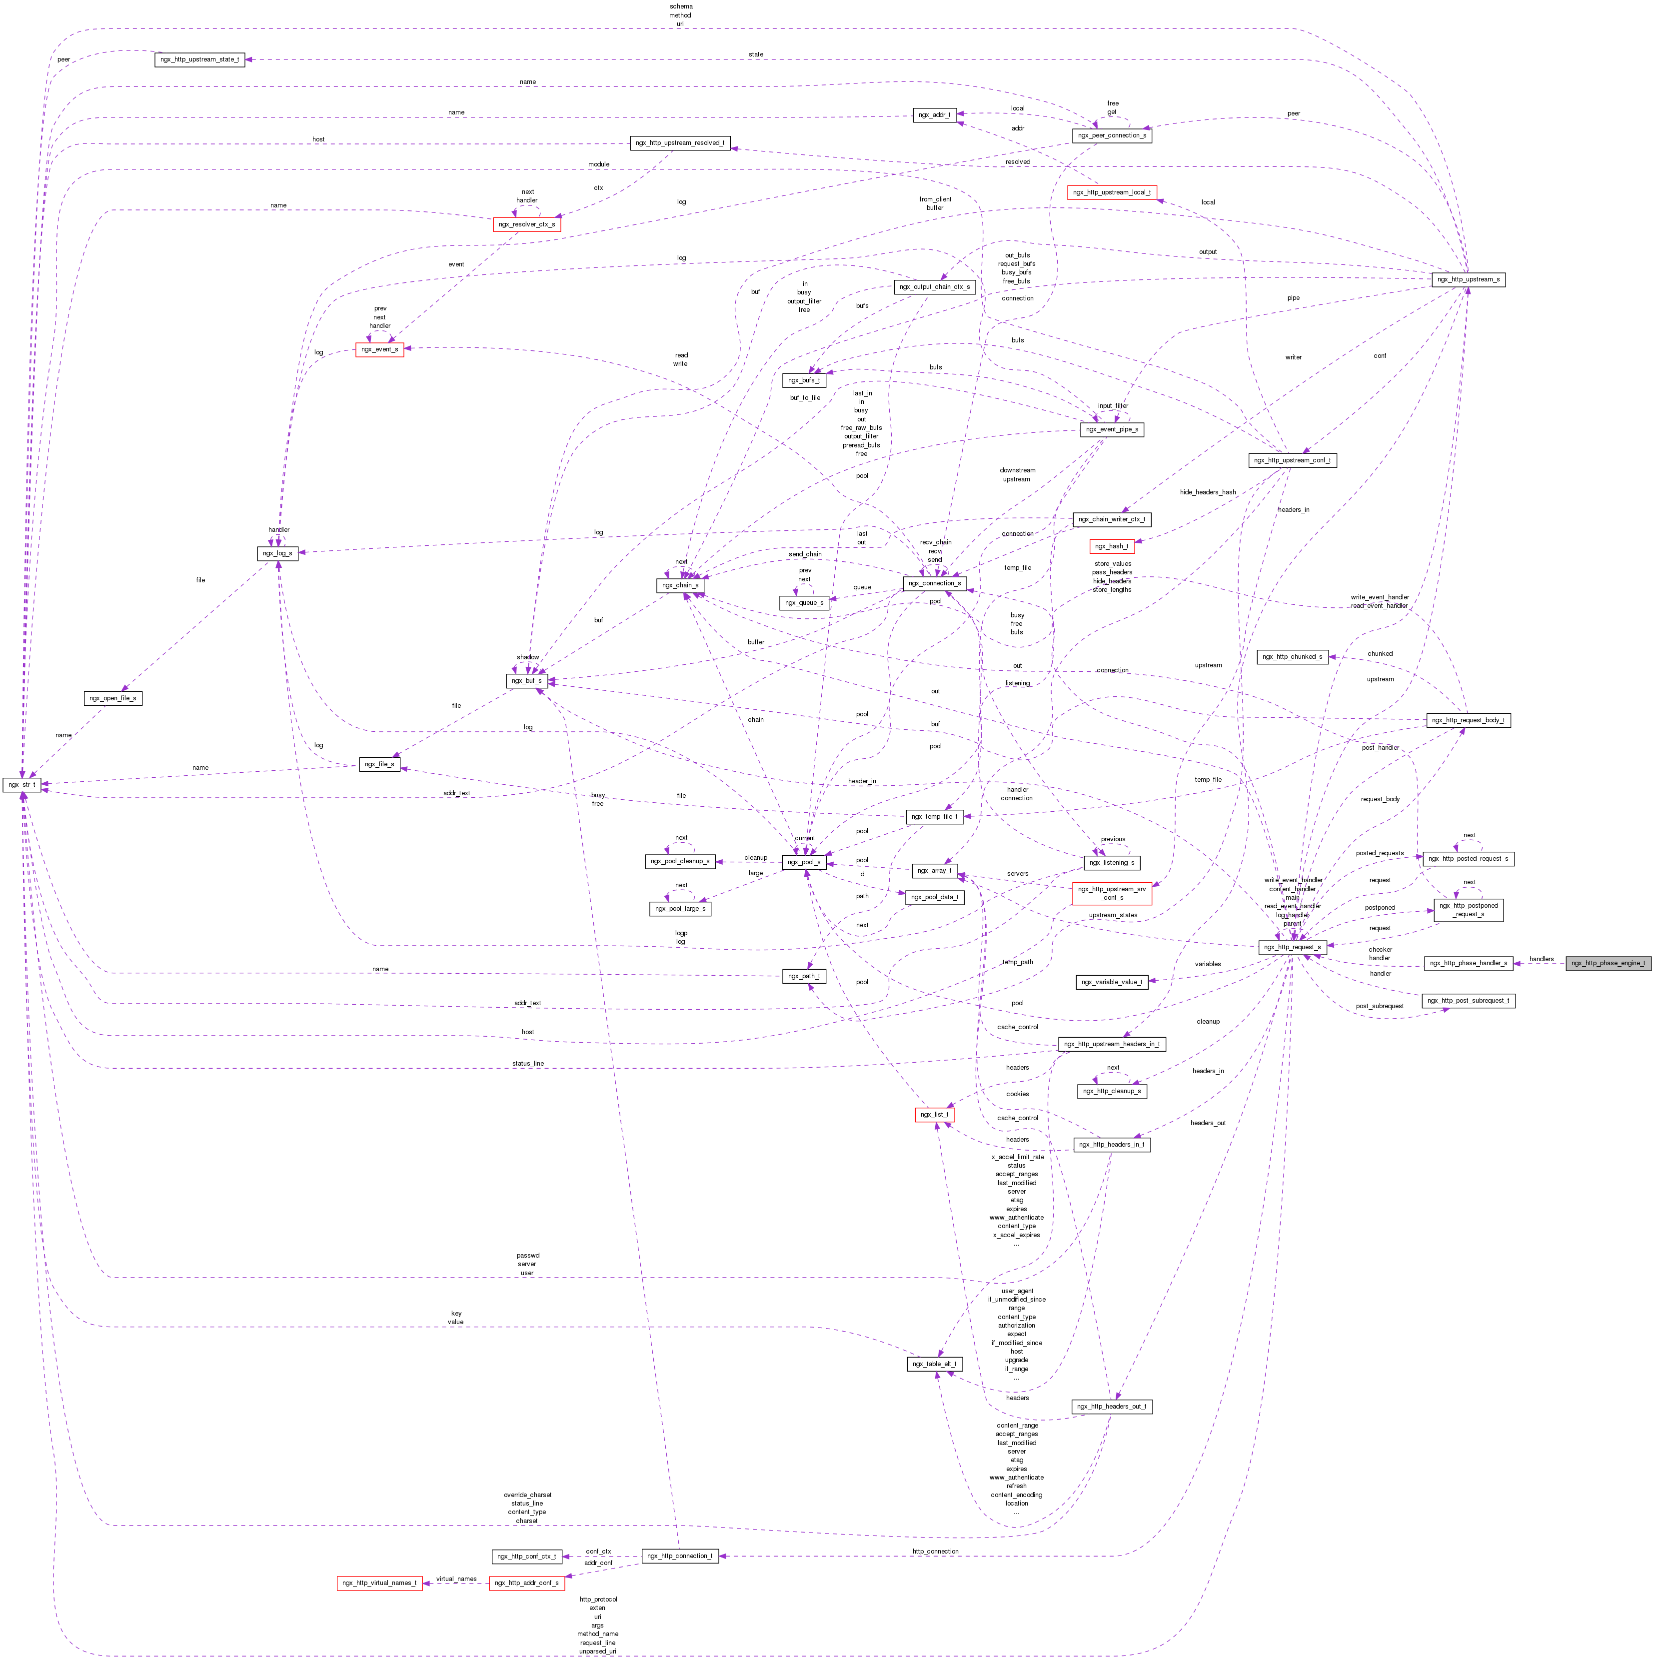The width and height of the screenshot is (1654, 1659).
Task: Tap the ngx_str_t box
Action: [21, 784]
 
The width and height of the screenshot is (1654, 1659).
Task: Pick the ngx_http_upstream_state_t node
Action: [199, 59]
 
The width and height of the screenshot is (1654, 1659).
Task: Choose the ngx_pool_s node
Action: [803, 861]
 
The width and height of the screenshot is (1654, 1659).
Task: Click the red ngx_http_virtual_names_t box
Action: [379, 1583]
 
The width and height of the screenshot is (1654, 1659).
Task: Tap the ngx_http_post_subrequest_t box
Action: [1468, 1000]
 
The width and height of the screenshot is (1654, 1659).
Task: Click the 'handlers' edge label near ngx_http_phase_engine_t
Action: [1541, 958]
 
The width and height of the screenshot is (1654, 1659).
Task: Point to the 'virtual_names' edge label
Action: [456, 1579]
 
